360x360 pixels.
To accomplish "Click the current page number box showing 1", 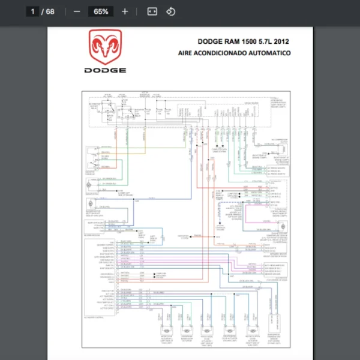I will [x=32, y=11].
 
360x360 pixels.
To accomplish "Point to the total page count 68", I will [x=50, y=11].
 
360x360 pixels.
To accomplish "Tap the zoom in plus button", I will [x=125, y=11].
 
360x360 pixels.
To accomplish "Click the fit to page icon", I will [x=152, y=11].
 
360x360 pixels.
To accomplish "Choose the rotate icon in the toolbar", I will [x=170, y=11].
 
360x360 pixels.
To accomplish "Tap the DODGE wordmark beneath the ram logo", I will [x=106, y=71].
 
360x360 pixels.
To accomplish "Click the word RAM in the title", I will [x=230, y=42].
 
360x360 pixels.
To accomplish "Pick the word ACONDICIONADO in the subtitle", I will [x=225, y=53].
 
